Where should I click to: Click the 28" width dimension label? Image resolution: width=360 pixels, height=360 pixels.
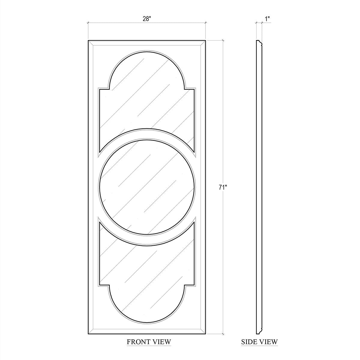click(147, 19)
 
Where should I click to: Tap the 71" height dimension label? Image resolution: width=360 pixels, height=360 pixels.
click(223, 187)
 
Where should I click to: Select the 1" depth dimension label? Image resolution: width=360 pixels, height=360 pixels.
click(268, 19)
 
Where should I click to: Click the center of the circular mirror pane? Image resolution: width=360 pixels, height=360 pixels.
click(147, 187)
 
